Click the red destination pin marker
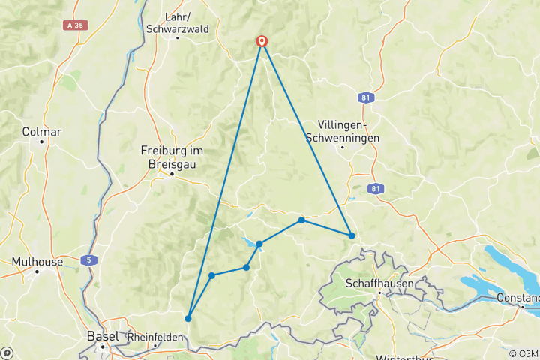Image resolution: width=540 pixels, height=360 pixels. point(262,41)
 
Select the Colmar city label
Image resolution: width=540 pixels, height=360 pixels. point(42,131)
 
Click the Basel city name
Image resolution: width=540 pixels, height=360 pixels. point(102,336)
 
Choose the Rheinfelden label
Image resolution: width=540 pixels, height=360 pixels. point(155,337)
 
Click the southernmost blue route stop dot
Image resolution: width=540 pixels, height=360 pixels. point(188,318)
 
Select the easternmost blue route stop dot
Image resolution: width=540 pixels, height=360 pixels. point(352,235)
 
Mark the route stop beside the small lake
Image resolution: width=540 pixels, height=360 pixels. point(259,244)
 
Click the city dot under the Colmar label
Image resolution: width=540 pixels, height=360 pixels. point(42,142)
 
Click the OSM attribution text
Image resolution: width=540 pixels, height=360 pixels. point(523,353)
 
